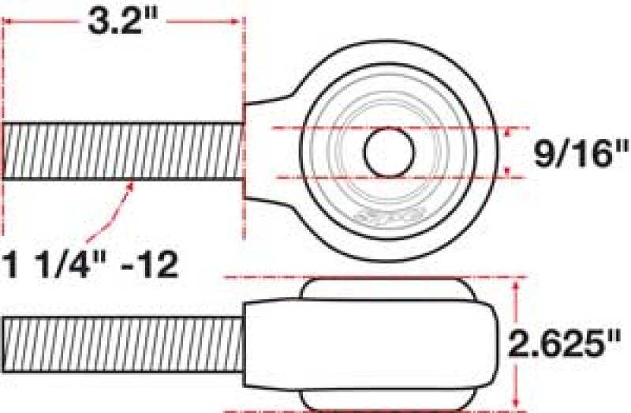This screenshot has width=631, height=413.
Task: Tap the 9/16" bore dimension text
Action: click(572, 154)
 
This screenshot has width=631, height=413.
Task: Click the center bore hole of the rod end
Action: click(389, 150)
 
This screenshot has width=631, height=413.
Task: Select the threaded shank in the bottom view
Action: click(118, 345)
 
